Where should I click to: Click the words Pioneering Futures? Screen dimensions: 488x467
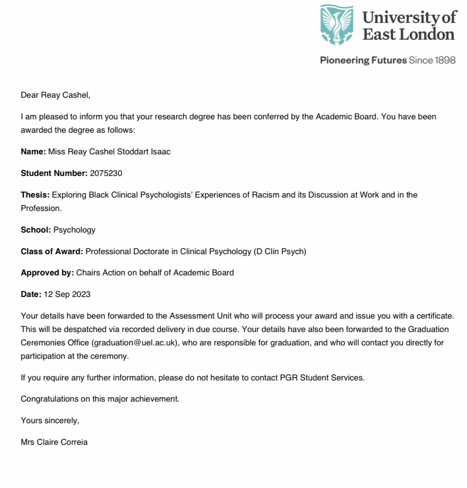coord(363,60)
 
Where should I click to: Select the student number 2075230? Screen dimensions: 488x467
coord(106,173)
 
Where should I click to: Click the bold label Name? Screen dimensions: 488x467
coord(33,152)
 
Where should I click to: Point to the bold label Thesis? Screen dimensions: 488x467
coord(35,195)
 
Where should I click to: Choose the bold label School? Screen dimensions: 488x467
coord(36,230)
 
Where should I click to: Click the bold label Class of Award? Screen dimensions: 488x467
coord(52,251)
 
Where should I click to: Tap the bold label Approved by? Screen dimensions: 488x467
coord(48,273)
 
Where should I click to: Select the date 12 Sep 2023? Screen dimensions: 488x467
coord(67,294)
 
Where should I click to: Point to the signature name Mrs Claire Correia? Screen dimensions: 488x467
coord(54,442)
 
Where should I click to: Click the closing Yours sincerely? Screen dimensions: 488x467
coord(50,421)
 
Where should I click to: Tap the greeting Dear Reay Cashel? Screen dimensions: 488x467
coord(55,95)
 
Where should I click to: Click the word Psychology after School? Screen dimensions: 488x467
coord(74,230)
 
